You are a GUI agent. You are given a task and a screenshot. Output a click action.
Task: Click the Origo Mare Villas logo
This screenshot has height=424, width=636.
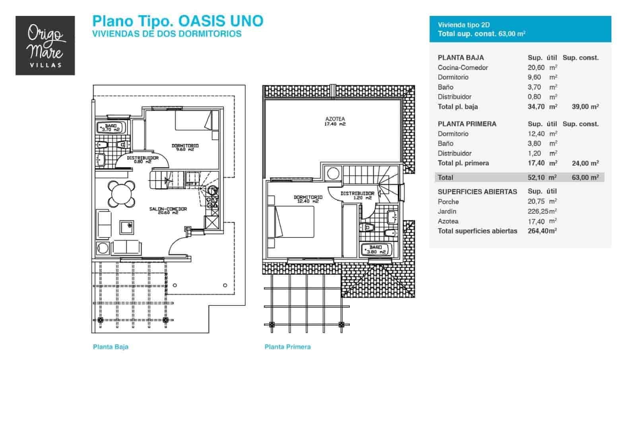[45, 45]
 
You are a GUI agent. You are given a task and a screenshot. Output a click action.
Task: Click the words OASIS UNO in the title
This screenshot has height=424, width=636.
[221, 21]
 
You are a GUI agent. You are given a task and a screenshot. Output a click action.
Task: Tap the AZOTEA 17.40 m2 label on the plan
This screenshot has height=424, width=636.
[335, 121]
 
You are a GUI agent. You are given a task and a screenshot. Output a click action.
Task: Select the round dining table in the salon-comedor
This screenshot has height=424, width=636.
[122, 194]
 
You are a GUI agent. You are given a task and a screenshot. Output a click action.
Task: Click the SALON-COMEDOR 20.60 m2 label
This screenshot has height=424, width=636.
[168, 210]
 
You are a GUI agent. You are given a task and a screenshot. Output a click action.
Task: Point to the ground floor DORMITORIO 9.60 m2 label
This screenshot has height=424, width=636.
[185, 147]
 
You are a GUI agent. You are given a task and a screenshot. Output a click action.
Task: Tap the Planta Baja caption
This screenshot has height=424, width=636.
[111, 347]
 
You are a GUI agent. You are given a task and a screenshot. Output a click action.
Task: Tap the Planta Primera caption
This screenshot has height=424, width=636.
[288, 347]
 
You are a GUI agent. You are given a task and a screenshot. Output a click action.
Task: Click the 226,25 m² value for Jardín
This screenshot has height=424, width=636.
[542, 211]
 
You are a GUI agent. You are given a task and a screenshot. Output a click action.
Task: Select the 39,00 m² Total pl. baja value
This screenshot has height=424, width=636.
[585, 107]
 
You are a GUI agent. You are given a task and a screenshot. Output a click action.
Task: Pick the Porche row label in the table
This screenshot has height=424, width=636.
[448, 202]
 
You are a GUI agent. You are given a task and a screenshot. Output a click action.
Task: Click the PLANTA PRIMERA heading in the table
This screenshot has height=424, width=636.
[467, 124]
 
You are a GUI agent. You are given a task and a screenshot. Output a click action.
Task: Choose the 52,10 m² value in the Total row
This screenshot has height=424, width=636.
[542, 177]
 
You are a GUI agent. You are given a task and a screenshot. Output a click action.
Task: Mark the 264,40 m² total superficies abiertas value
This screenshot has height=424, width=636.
[542, 231]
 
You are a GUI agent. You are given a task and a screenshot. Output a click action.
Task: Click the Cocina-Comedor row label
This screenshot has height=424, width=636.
[463, 68]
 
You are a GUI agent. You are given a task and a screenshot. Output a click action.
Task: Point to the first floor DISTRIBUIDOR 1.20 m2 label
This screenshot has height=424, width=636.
[357, 195]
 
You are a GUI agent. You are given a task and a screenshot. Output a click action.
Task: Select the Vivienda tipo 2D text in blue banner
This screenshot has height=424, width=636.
[463, 25]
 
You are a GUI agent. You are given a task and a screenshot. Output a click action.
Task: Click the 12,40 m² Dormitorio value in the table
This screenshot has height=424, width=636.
[542, 134]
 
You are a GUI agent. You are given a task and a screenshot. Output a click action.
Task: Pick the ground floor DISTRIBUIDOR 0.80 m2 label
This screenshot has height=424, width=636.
[143, 159]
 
